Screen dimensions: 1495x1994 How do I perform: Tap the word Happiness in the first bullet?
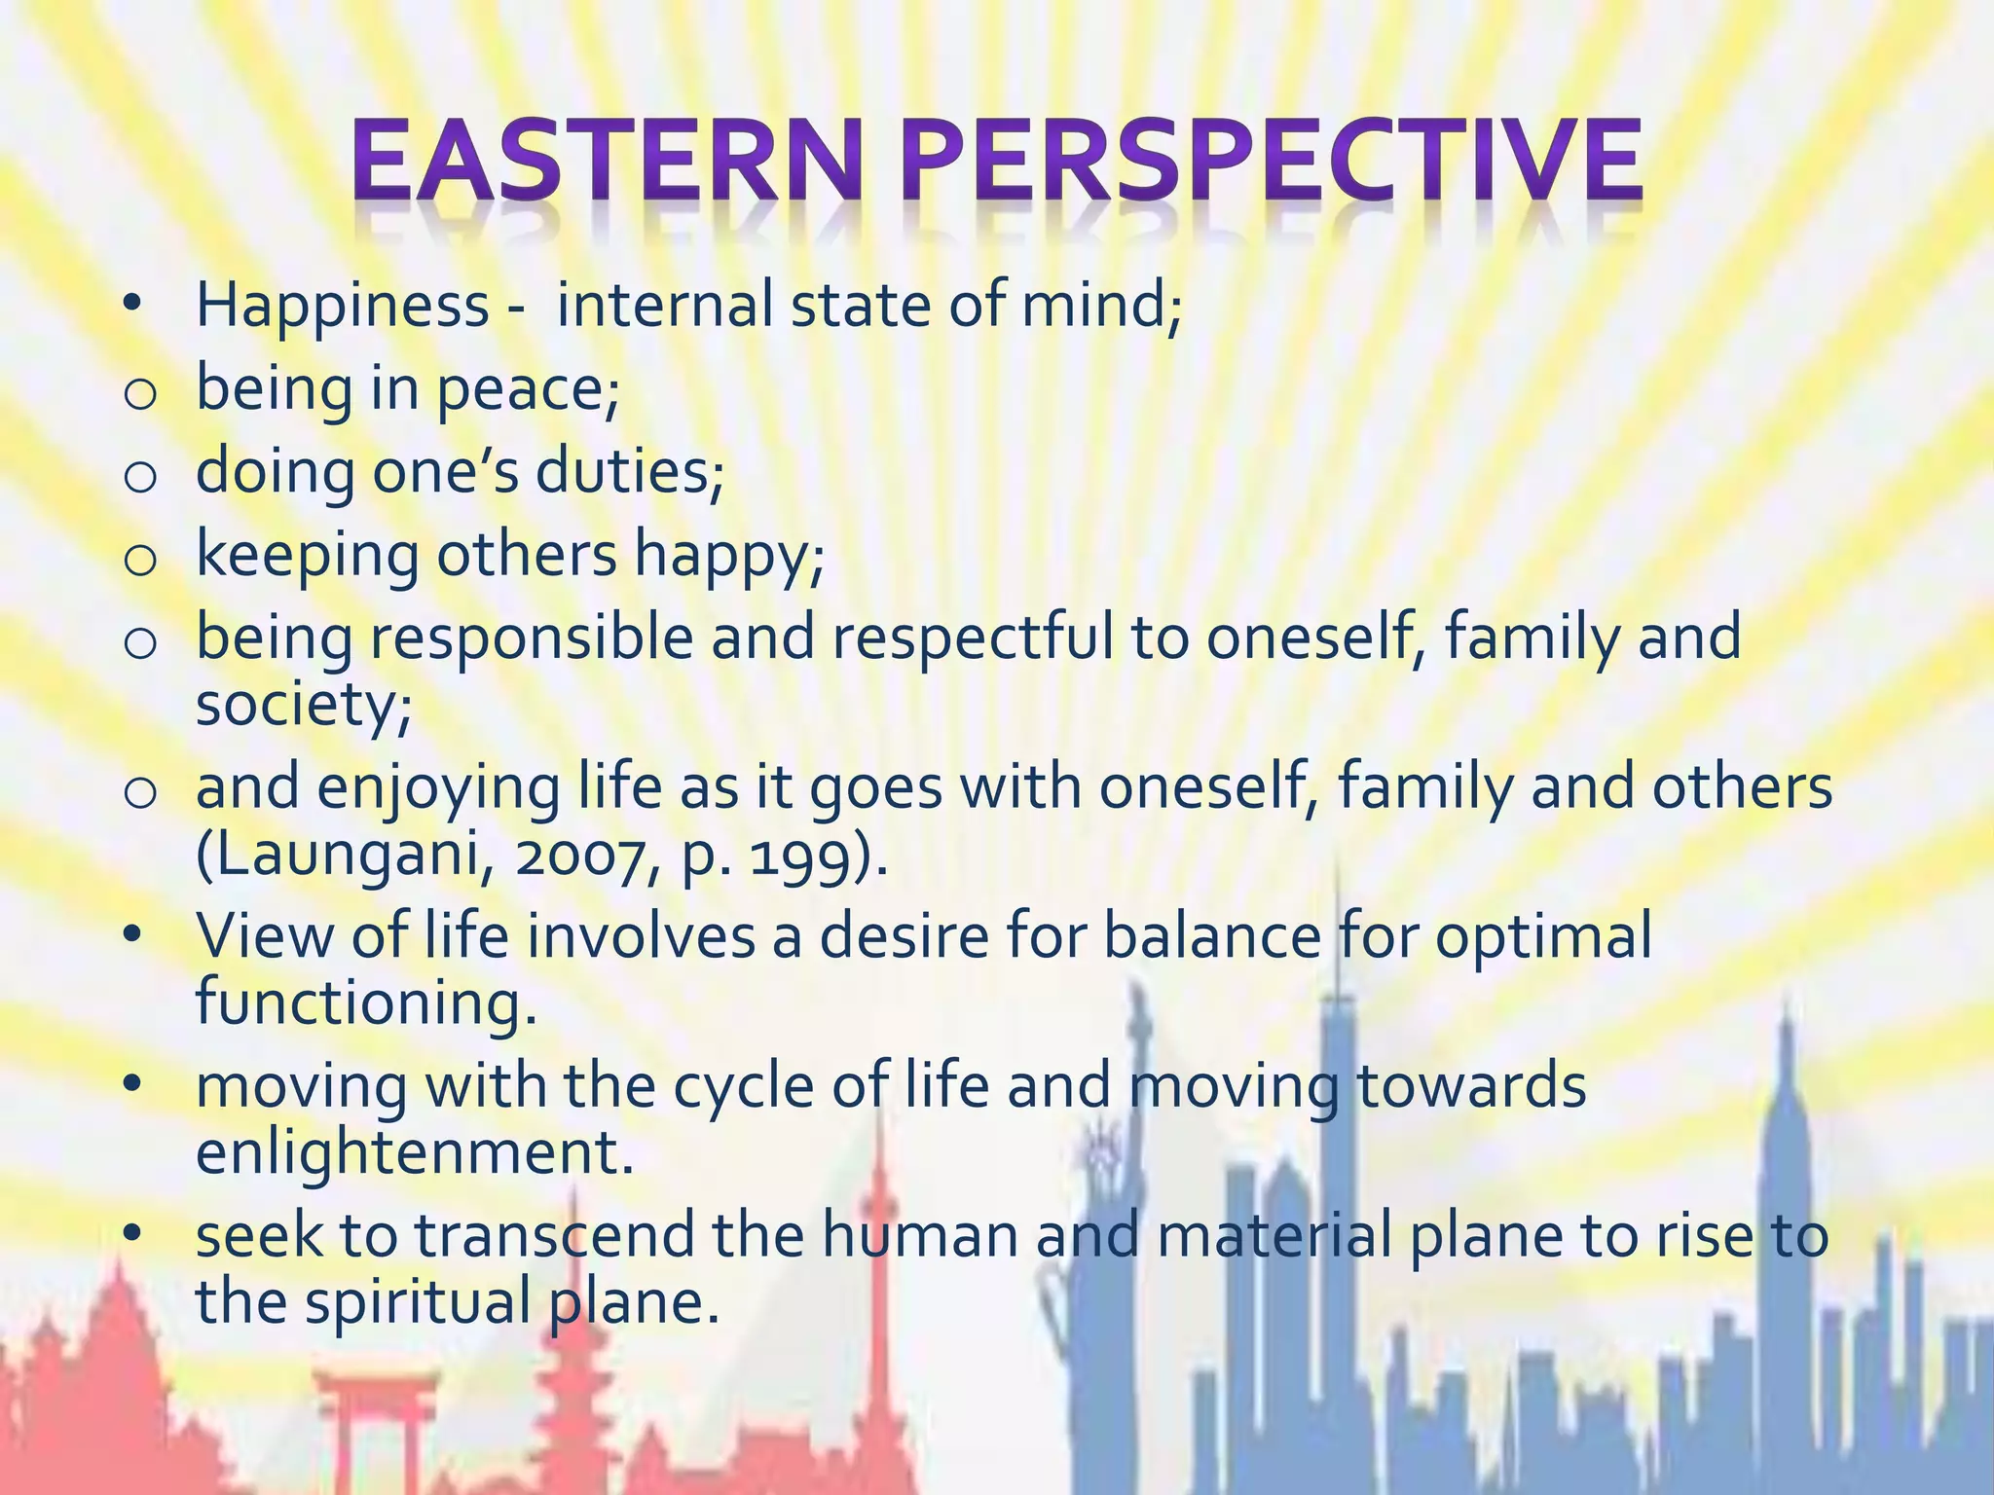(x=342, y=305)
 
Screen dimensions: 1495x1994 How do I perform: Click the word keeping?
(x=307, y=555)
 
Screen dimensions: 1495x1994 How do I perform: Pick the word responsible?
(x=532, y=638)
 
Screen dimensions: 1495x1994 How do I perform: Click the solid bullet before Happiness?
(x=133, y=306)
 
